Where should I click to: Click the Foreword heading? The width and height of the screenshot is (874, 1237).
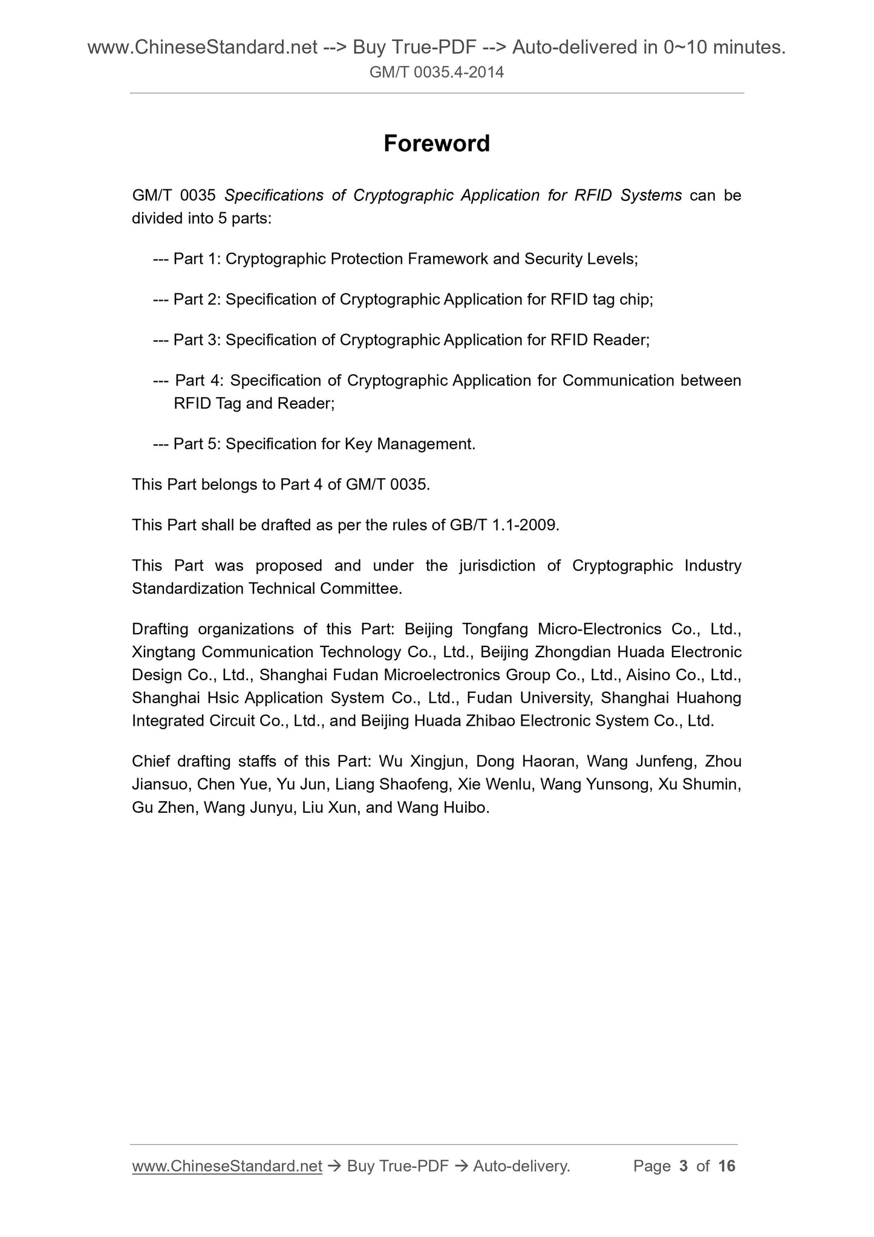point(437,143)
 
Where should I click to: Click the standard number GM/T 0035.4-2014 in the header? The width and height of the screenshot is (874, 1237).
point(437,73)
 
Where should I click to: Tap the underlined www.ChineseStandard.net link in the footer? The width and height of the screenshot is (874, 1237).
point(227,1166)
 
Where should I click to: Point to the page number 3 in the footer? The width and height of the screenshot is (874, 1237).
point(683,1166)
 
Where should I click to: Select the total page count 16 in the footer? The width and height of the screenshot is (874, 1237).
point(726,1166)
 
